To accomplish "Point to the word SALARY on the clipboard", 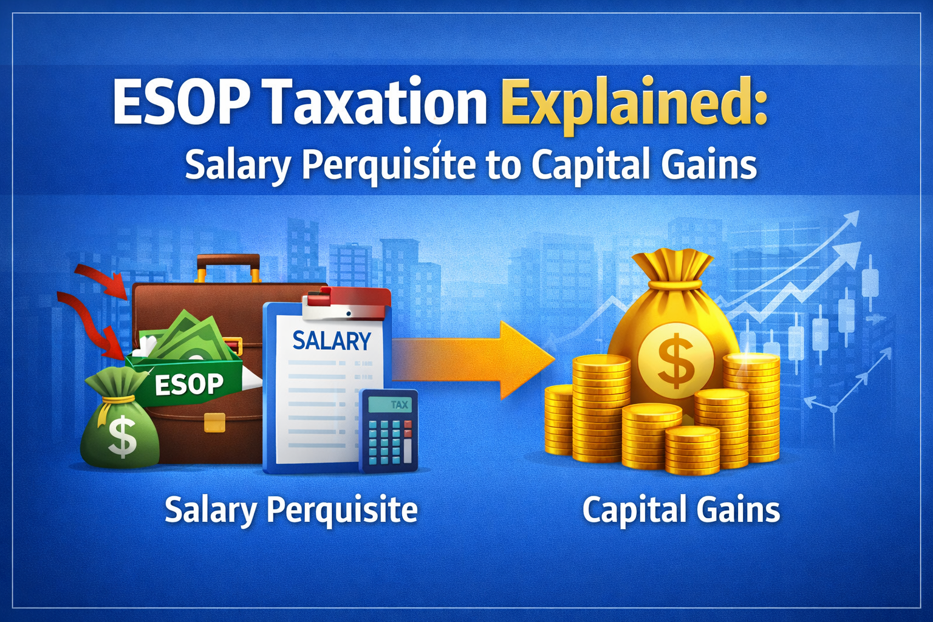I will [332, 341].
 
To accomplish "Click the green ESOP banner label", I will [188, 383].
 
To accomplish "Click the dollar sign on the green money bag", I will [121, 438].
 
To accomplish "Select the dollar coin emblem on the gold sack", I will [675, 360].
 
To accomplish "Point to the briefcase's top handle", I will [228, 266].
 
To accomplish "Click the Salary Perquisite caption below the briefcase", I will [291, 510].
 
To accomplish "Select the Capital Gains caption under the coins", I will [681, 510].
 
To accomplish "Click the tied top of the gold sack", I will [672, 267].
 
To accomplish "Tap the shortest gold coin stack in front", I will [692, 449].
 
